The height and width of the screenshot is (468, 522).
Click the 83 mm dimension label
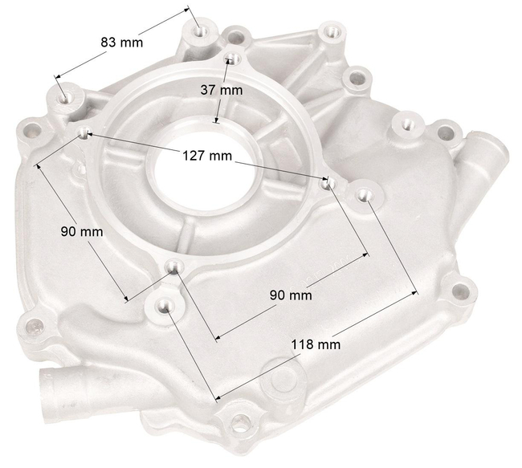[121, 42]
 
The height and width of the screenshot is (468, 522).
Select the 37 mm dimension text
[221, 90]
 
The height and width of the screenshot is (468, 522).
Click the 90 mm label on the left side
[82, 231]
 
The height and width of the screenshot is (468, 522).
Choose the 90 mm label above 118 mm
[290, 295]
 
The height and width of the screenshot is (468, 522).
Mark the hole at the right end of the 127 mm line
[326, 183]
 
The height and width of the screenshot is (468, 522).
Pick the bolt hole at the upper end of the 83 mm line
[201, 31]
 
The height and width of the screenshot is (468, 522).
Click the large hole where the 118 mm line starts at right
[363, 194]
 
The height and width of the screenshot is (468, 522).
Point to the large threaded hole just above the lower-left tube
[35, 328]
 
